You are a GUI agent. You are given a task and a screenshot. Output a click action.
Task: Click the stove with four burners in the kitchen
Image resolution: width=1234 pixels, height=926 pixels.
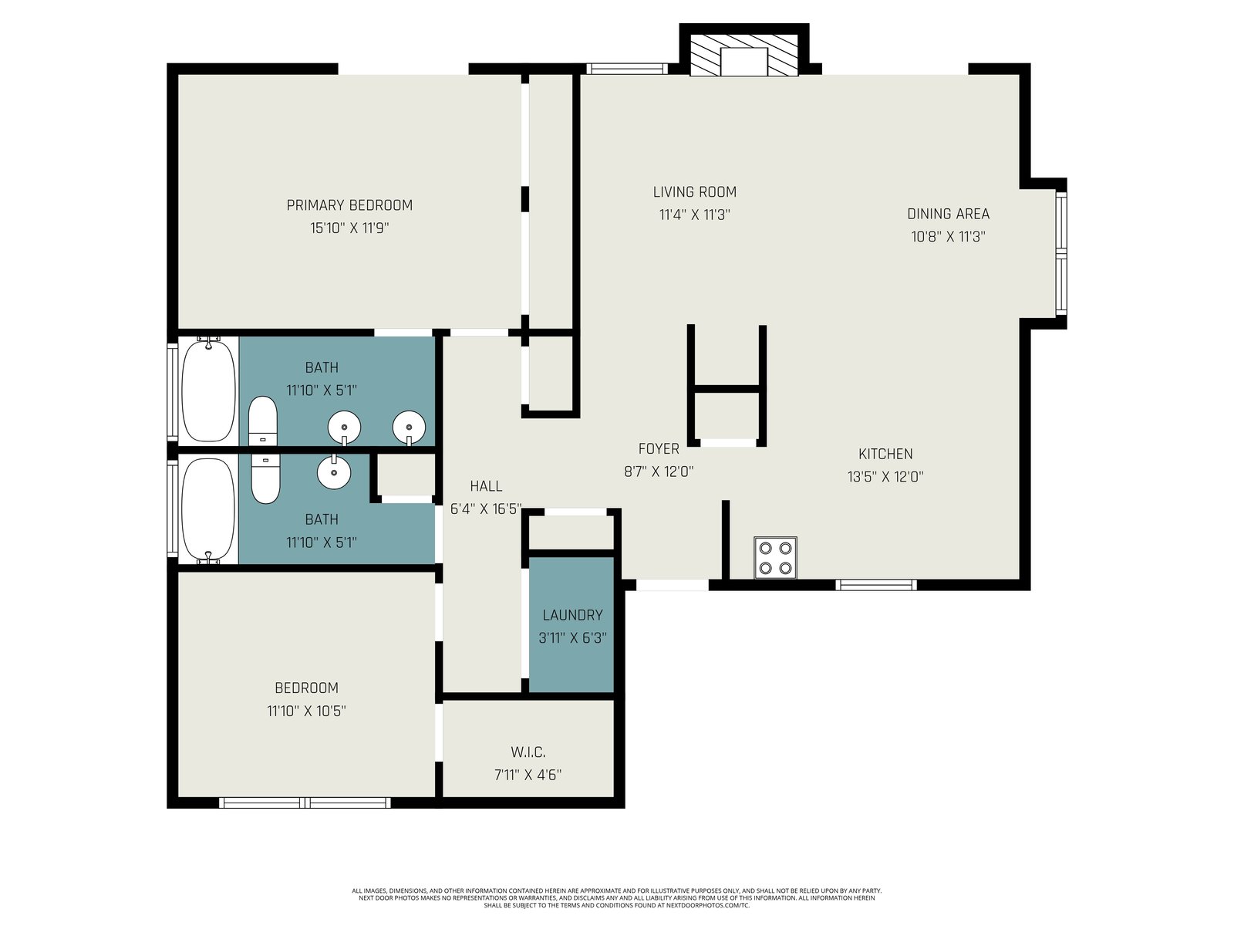tap(775, 558)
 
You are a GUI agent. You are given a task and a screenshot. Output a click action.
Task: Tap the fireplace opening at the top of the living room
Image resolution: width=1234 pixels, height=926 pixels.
tap(743, 61)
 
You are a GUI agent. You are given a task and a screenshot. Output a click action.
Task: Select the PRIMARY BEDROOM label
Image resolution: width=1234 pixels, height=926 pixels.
tap(349, 205)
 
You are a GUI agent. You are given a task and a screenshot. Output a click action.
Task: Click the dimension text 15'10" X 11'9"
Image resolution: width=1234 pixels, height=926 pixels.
tap(349, 228)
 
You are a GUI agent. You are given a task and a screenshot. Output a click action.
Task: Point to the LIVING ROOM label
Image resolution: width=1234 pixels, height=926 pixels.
tap(694, 191)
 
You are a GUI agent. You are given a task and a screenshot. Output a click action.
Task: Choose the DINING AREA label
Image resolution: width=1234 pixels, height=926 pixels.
tap(948, 214)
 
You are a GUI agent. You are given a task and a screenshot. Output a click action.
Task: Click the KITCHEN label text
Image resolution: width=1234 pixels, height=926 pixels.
tap(885, 454)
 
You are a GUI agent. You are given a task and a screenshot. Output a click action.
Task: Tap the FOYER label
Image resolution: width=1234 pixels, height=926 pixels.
tap(659, 448)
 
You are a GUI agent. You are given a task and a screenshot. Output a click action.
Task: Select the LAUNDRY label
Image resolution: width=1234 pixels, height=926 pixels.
tap(572, 615)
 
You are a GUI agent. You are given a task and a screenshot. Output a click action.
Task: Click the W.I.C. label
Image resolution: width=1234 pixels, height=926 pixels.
tap(528, 752)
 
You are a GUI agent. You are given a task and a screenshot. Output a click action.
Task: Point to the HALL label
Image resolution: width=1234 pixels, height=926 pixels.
tap(486, 486)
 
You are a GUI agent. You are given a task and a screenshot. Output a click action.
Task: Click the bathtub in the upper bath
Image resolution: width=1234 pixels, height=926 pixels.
tap(208, 389)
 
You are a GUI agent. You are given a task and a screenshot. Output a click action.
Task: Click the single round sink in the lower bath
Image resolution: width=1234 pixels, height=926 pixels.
tap(334, 471)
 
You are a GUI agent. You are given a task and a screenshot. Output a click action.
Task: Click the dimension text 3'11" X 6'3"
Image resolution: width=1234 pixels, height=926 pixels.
tap(572, 638)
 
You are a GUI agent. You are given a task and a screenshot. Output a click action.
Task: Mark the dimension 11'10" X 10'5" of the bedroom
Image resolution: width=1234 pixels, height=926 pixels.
tap(306, 711)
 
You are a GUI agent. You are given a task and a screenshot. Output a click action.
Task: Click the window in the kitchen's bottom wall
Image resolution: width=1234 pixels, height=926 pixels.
tap(876, 585)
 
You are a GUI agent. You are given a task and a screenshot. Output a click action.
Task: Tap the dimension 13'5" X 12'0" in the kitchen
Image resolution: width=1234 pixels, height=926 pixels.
tap(885, 477)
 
